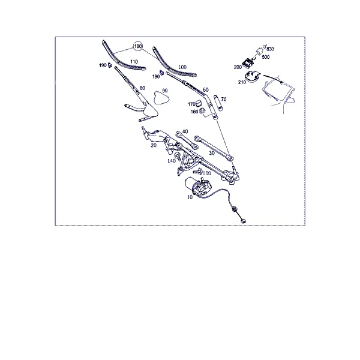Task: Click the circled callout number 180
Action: coord(138,47)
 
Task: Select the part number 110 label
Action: coord(134,62)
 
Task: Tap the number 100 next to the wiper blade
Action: coord(182,67)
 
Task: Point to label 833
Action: coord(271,49)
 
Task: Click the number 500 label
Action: coord(266,57)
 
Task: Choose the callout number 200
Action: coord(238,67)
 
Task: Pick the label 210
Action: coord(242,82)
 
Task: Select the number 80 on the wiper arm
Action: coord(142,88)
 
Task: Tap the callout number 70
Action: coord(224,99)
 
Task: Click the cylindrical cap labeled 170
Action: coord(199,103)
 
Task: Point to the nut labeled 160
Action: coord(202,110)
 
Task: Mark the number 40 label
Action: coord(185,131)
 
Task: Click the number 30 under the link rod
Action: coord(212,153)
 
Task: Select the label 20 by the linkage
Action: coord(154,145)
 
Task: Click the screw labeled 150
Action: coord(198,171)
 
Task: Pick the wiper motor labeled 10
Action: coord(198,187)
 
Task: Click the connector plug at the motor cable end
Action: coord(243,221)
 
